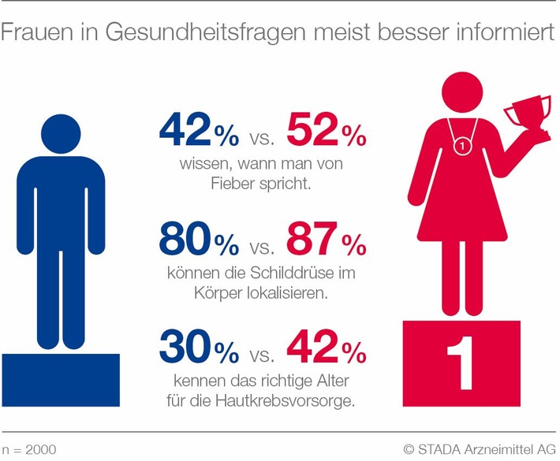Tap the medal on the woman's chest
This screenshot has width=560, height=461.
pyautogui.click(x=461, y=146)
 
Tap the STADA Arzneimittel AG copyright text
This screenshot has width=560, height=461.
pyautogui.click(x=477, y=448)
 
